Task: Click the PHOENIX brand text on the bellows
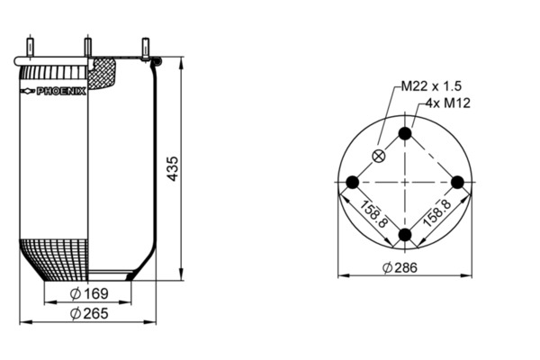pyautogui.click(x=61, y=91)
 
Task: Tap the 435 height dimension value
pyautogui.click(x=173, y=168)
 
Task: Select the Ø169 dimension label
pyautogui.click(x=89, y=293)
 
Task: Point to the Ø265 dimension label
pyautogui.click(x=89, y=313)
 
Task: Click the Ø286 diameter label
pyautogui.click(x=400, y=267)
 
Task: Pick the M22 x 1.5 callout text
pyautogui.click(x=431, y=86)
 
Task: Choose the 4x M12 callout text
pyautogui.click(x=448, y=103)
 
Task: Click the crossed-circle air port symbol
pyautogui.click(x=379, y=156)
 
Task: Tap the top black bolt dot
pyautogui.click(x=405, y=133)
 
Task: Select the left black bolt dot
pyautogui.click(x=352, y=182)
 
